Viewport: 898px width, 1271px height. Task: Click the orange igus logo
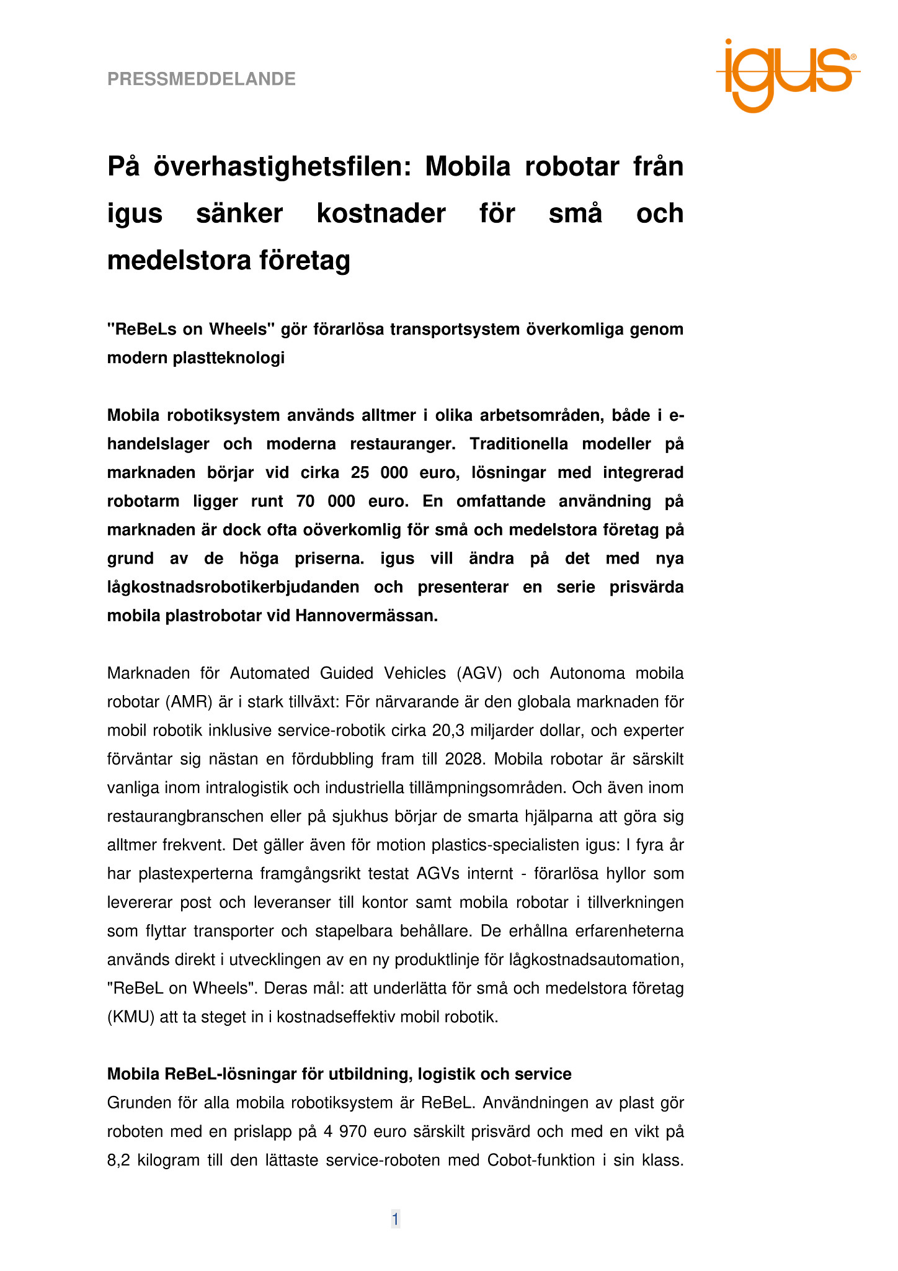click(787, 76)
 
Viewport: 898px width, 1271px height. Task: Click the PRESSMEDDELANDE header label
click(202, 79)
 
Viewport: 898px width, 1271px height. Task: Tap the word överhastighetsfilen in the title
click(282, 167)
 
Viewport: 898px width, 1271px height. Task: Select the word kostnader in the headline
click(381, 213)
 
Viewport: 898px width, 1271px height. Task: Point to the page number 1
click(395, 1219)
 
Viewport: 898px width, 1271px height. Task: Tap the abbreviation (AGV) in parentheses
click(479, 673)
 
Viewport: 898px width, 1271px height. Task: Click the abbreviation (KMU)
click(131, 1017)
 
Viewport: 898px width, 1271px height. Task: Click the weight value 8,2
click(119, 1160)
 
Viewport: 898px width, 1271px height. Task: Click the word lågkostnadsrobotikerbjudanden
click(233, 587)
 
